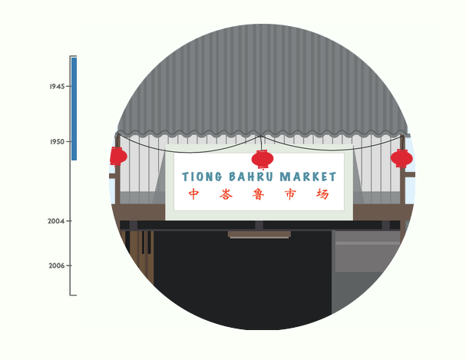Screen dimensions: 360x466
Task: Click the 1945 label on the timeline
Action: (56, 87)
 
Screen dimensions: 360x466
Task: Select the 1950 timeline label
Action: (56, 142)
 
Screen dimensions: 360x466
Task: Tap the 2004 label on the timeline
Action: (56, 221)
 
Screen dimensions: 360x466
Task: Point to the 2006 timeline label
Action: (56, 266)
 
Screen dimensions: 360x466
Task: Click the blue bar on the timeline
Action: (74, 108)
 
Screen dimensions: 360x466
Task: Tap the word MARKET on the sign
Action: (308, 177)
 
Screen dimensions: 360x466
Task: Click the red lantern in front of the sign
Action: (263, 160)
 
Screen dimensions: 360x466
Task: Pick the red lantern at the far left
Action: (117, 156)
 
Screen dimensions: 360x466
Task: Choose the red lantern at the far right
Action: (401, 159)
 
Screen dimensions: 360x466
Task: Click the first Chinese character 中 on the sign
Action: (194, 194)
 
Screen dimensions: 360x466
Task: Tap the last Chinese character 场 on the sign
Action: (322, 194)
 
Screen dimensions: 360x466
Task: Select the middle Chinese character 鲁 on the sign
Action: (259, 194)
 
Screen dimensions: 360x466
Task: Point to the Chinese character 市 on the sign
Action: (290, 194)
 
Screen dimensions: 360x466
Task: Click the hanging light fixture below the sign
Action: (259, 234)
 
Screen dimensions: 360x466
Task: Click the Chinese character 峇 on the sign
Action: (226, 194)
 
